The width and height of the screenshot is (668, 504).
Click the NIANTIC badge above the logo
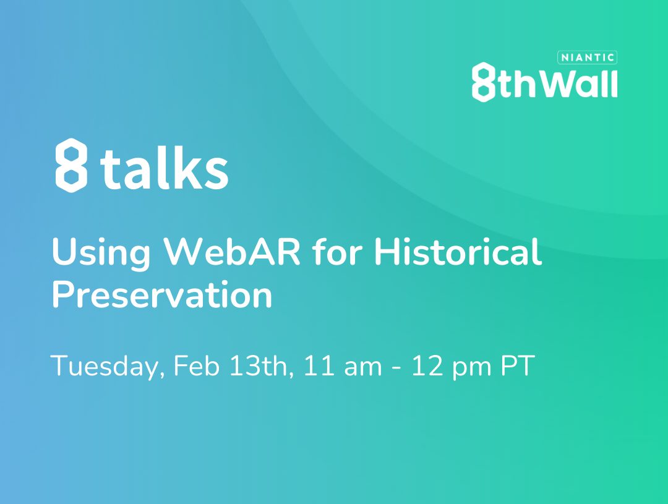tap(587, 58)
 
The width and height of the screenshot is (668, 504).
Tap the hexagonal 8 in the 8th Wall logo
tap(484, 82)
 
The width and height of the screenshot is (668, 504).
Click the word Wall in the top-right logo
tap(581, 83)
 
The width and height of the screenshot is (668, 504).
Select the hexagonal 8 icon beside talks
tap(72, 165)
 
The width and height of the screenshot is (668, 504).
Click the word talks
tap(165, 168)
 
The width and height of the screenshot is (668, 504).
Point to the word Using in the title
tap(101, 253)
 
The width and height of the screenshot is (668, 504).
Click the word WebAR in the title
tap(232, 251)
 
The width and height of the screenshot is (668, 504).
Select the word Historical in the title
tap(458, 251)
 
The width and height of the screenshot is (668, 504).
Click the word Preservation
tap(162, 294)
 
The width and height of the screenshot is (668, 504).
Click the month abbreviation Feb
tap(197, 365)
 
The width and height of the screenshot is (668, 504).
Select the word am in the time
tap(363, 368)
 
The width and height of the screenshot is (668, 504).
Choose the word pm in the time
tap(472, 369)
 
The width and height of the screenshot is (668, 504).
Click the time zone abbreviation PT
tap(518, 365)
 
